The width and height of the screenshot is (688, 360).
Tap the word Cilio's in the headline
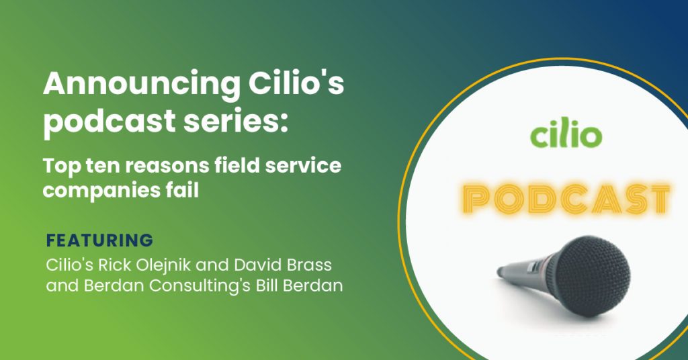(296, 83)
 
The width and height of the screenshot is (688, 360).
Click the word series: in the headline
(236, 121)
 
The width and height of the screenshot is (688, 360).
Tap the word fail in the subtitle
(184, 189)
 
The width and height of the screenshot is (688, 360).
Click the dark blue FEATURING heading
(99, 240)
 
